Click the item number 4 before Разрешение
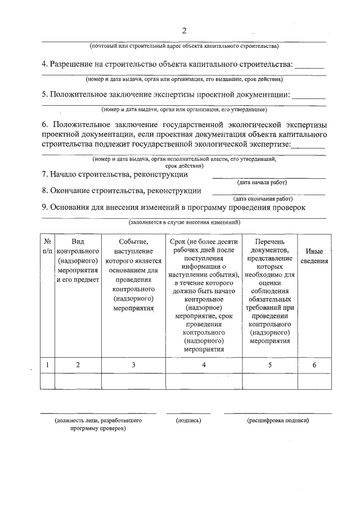(45, 65)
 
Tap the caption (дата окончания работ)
(263, 199)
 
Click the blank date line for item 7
(268, 178)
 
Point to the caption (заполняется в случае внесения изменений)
(184, 223)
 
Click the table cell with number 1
(48, 365)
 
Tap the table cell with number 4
(204, 365)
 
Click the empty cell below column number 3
(133, 381)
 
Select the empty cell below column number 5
(269, 381)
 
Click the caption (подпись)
(188, 420)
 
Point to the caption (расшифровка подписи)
(278, 420)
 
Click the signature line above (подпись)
(188, 413)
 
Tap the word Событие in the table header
(133, 241)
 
